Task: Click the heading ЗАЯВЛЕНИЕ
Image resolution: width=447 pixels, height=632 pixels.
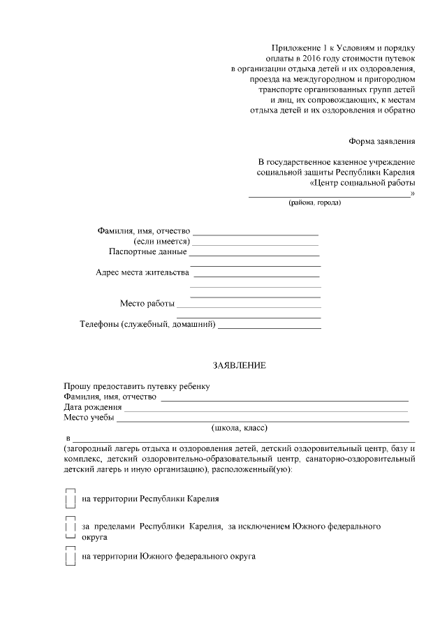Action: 240,365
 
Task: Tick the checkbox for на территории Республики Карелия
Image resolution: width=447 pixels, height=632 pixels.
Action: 70,499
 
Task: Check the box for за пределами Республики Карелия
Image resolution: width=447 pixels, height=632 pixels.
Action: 70,528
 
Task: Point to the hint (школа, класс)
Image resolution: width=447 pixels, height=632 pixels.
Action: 240,428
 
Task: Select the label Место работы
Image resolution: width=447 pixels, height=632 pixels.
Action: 146,304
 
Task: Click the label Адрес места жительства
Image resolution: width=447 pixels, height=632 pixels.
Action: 142,272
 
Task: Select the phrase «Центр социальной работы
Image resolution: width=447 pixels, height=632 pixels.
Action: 362,183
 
